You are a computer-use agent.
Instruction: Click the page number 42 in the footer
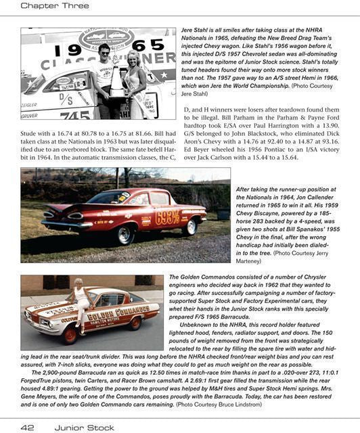click(x=27, y=426)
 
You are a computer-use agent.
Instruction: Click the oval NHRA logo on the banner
click(x=106, y=37)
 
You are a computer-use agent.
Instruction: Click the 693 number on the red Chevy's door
click(x=167, y=217)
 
